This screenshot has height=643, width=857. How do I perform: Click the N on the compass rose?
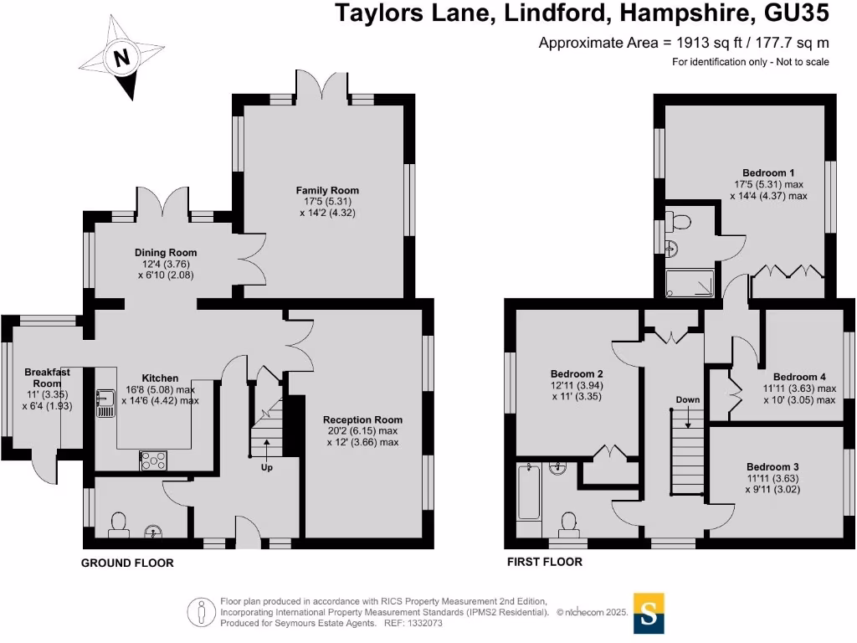(x=121, y=57)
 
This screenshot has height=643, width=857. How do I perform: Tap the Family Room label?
(x=327, y=190)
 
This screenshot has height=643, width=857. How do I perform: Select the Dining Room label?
(x=166, y=253)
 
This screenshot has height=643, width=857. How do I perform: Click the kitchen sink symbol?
(x=105, y=403)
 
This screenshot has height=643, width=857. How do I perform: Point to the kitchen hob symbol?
(x=154, y=461)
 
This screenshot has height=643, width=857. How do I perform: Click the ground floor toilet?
(x=119, y=524)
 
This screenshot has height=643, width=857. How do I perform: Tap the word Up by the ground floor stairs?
(x=266, y=467)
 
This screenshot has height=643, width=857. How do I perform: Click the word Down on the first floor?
(x=688, y=399)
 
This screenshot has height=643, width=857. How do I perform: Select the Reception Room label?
(x=362, y=420)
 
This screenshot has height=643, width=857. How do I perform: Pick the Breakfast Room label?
(x=47, y=378)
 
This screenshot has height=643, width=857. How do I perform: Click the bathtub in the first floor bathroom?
(x=529, y=491)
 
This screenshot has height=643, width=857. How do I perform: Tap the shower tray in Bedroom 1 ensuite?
(x=690, y=283)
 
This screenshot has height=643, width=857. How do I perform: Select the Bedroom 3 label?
(x=772, y=467)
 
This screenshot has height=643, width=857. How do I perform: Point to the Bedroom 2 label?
(x=577, y=374)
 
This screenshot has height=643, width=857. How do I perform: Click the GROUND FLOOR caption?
(x=127, y=563)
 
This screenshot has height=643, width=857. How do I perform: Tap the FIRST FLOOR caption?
(x=544, y=562)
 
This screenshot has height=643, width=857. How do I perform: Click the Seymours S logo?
(x=649, y=614)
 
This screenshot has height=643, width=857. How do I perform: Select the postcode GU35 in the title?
(x=797, y=13)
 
